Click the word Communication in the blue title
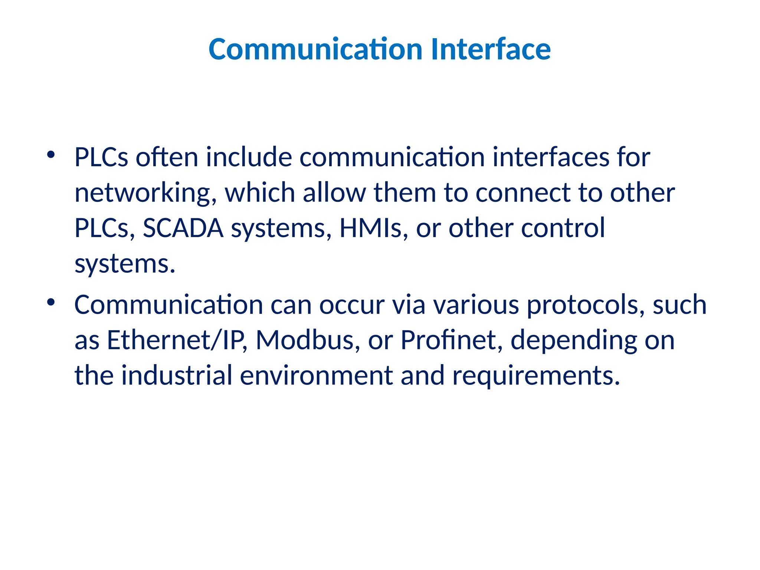pos(315,49)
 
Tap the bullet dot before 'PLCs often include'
pos(51,155)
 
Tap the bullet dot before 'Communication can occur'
pos(51,302)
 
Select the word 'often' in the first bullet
pos(167,157)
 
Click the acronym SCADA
pos(183,228)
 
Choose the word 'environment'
pos(316,375)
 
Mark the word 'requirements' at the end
pos(536,376)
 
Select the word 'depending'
pos(573,341)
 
